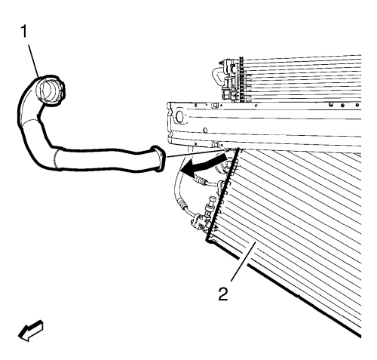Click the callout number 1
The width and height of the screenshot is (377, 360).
pos(24,32)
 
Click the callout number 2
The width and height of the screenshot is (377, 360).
pos(223,294)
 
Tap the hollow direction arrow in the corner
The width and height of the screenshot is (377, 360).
pos(31,331)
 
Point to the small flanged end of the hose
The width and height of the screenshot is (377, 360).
pos(158,158)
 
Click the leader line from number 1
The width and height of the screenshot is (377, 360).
pos(33,60)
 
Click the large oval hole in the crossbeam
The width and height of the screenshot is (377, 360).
pos(179,117)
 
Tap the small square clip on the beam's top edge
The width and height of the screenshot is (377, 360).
pos(215,104)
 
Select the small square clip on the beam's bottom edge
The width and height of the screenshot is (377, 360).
pos(215,145)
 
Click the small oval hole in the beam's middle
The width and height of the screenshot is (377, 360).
pos(205,131)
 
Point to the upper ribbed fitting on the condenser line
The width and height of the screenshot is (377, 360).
pos(201,180)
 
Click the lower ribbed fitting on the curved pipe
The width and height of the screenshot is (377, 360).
pos(182,203)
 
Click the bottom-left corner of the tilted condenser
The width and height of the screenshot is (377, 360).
pos(207,241)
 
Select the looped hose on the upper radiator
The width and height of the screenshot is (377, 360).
pos(217,74)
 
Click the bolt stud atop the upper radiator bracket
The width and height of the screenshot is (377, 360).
pos(221,62)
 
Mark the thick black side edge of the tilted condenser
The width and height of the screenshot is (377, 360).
pos(222,194)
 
